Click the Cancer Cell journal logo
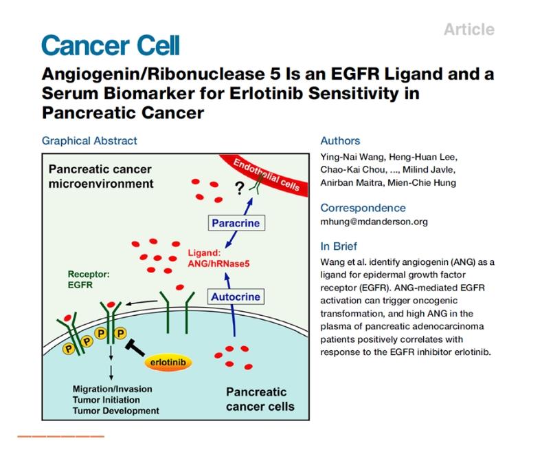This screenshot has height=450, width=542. point(111,45)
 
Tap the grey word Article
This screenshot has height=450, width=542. point(469,30)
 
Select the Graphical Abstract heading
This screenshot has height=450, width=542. point(89,141)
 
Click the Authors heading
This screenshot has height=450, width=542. point(340,141)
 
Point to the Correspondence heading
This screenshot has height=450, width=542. point(363,208)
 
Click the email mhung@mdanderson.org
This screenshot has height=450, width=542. point(374,222)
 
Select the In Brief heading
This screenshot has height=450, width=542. point(339,246)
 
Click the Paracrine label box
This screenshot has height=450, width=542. point(236,223)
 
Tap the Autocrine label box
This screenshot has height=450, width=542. point(236,297)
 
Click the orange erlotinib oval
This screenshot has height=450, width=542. point(168,363)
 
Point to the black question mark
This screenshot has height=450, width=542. point(239,189)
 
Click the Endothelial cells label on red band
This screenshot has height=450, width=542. point(266,175)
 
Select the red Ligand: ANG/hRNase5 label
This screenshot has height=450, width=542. point(218,258)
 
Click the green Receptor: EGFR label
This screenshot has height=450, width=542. point(89,279)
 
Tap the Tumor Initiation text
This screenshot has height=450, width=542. point(106,400)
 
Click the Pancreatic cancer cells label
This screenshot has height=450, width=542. point(260,399)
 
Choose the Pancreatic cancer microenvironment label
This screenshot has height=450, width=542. point(100,176)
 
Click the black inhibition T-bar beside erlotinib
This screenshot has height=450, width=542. point(135,348)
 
